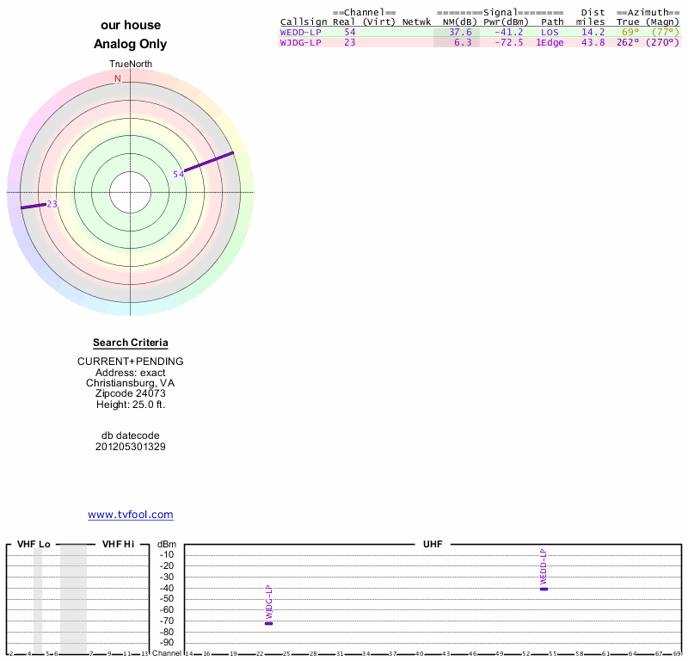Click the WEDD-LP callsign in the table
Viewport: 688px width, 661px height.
coord(300,32)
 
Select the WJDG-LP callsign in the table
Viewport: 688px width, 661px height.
coord(300,42)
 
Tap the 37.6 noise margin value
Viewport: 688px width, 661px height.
coord(460,32)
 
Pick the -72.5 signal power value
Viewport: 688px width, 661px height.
coord(508,42)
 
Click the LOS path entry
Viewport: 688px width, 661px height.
coord(550,32)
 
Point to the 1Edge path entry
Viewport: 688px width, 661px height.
coord(550,42)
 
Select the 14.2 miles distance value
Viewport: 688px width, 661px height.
coord(593,32)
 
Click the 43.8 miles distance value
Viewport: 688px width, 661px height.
coord(593,42)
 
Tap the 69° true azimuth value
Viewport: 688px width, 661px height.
coord(630,32)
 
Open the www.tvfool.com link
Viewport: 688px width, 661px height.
coord(131,515)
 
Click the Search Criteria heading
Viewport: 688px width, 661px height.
coord(131,343)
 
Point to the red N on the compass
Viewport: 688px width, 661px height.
coord(118,79)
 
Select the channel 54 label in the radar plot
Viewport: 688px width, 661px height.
coord(179,175)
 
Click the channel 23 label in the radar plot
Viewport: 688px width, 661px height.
coord(52,204)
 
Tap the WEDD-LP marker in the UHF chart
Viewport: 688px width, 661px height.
coord(544,589)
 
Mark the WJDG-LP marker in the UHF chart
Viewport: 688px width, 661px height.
coord(268,623)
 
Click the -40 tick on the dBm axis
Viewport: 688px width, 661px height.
coord(167,588)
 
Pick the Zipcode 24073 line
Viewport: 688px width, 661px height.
coord(131,392)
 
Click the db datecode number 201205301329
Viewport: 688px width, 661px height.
coord(131,447)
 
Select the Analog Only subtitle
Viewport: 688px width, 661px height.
coord(131,44)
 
